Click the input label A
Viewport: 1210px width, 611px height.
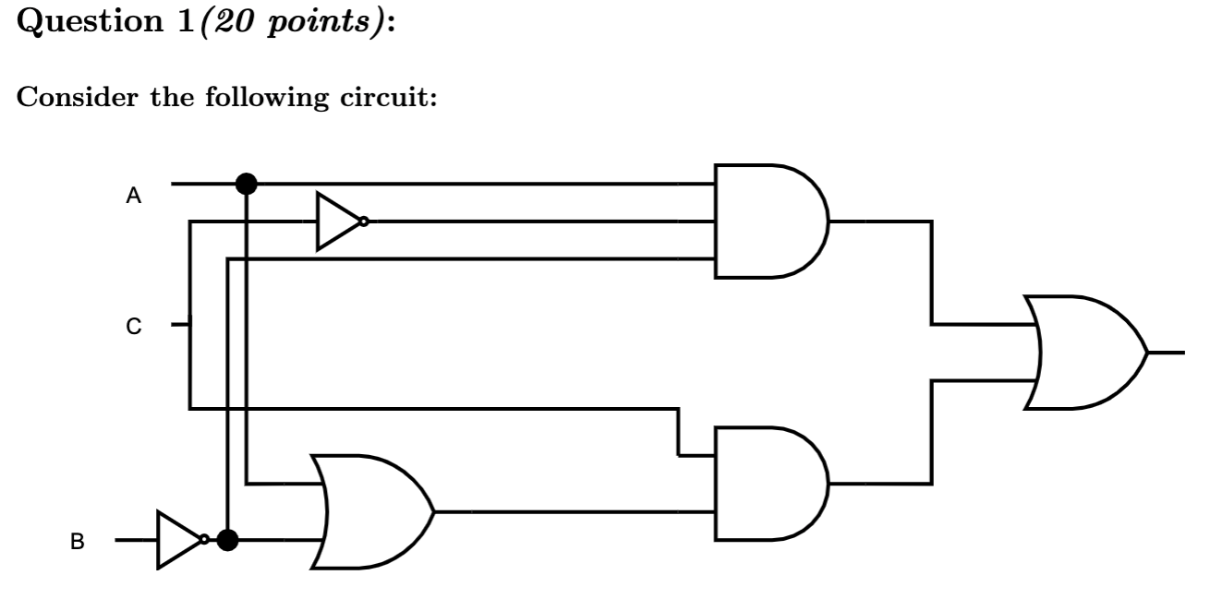tap(134, 196)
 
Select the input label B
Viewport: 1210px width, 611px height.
tap(79, 543)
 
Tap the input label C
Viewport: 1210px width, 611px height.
tap(134, 327)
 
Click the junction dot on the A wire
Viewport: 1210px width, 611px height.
tap(246, 184)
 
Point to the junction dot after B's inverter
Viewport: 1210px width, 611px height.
tap(226, 539)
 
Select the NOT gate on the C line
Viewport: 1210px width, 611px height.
tap(339, 222)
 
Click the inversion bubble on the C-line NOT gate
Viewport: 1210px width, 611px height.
tap(365, 222)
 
